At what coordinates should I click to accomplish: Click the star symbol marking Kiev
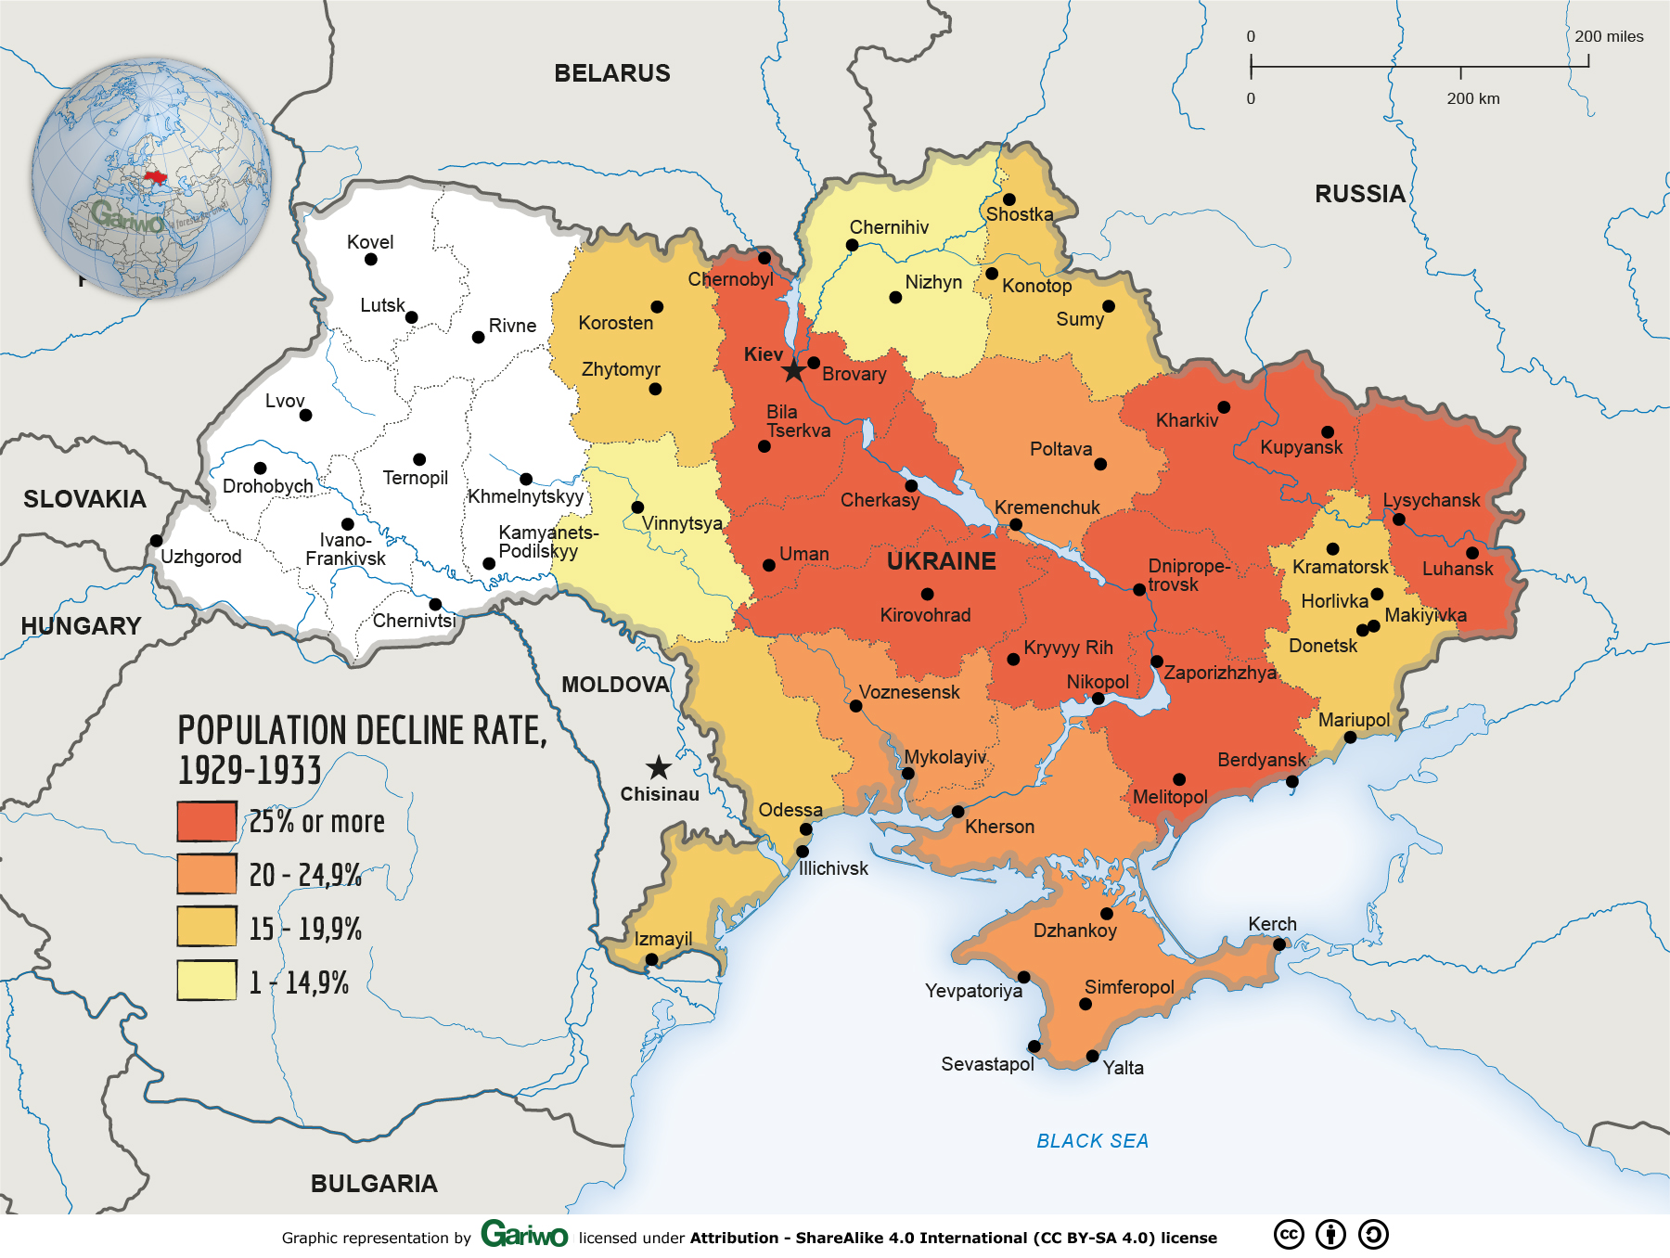[x=793, y=371]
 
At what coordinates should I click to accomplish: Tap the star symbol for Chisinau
[x=659, y=767]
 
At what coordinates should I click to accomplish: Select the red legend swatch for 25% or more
[x=207, y=821]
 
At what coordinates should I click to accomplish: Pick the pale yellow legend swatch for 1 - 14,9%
[x=207, y=980]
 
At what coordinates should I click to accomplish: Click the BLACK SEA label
[x=1092, y=1140]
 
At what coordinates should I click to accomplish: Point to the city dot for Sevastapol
[x=1034, y=1046]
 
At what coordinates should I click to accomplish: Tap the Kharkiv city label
[x=1187, y=420]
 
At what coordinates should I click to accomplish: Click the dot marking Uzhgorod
[x=156, y=541]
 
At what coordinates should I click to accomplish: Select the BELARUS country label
[x=611, y=73]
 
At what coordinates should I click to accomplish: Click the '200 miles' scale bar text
[x=1608, y=36]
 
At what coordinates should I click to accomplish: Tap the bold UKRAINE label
[x=941, y=561]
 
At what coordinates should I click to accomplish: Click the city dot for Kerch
[x=1278, y=944]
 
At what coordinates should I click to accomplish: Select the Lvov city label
[x=284, y=401]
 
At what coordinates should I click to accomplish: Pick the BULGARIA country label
[x=374, y=1183]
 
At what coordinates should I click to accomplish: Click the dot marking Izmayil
[x=651, y=959]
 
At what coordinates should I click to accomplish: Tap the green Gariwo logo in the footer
[x=524, y=1235]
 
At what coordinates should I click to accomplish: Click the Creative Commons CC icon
[x=1289, y=1235]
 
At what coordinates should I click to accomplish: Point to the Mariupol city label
[x=1354, y=720]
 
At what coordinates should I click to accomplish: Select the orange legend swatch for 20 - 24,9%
[x=207, y=874]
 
